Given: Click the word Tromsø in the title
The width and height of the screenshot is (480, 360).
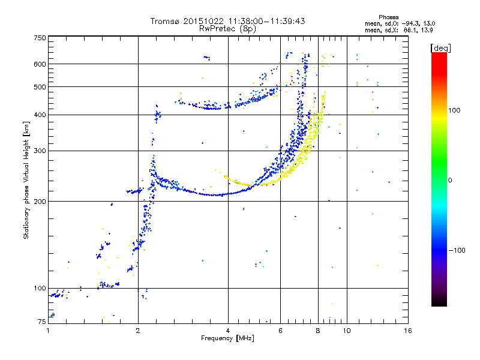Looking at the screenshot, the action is coord(166,21).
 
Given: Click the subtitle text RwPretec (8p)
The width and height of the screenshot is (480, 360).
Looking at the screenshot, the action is coord(227,29).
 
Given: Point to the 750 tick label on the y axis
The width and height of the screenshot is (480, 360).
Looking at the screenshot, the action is coord(40,38).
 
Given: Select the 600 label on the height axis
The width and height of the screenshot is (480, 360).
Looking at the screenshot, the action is coord(40,64).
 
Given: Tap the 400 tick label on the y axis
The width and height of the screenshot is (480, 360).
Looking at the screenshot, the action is coord(40,115).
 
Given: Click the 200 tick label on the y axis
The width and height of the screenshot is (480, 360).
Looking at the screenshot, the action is coord(40,202).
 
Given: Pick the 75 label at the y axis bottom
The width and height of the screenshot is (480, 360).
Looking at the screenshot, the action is coord(42,322).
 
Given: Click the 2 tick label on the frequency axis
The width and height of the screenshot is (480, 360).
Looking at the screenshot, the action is coord(138,331).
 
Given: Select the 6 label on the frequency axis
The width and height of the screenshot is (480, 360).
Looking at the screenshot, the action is coord(280,331).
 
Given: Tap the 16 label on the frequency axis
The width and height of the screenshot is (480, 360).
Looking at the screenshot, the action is coord(408,331).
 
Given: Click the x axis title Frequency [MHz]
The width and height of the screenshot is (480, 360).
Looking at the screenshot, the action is coord(227,338).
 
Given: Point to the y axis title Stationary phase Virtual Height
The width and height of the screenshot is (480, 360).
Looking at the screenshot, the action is coord(26,190).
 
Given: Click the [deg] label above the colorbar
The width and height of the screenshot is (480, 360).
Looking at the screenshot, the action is coord(440,48).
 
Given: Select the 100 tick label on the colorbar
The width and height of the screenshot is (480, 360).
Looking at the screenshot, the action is coord(454,110).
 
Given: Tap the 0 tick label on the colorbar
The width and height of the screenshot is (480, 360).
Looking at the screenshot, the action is coord(450,180).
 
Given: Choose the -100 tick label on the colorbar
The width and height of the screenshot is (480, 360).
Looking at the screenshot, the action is coord(457,250).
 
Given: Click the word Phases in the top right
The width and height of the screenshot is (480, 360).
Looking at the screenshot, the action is coord(388,17).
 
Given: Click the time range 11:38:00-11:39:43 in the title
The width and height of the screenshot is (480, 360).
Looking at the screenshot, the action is coord(266,21).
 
